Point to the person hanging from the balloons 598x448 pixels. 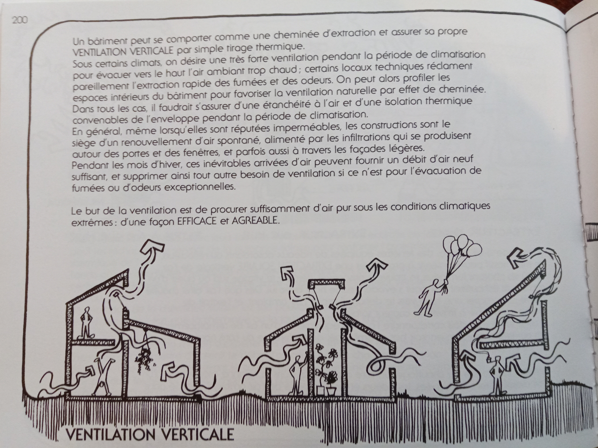[430, 297]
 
